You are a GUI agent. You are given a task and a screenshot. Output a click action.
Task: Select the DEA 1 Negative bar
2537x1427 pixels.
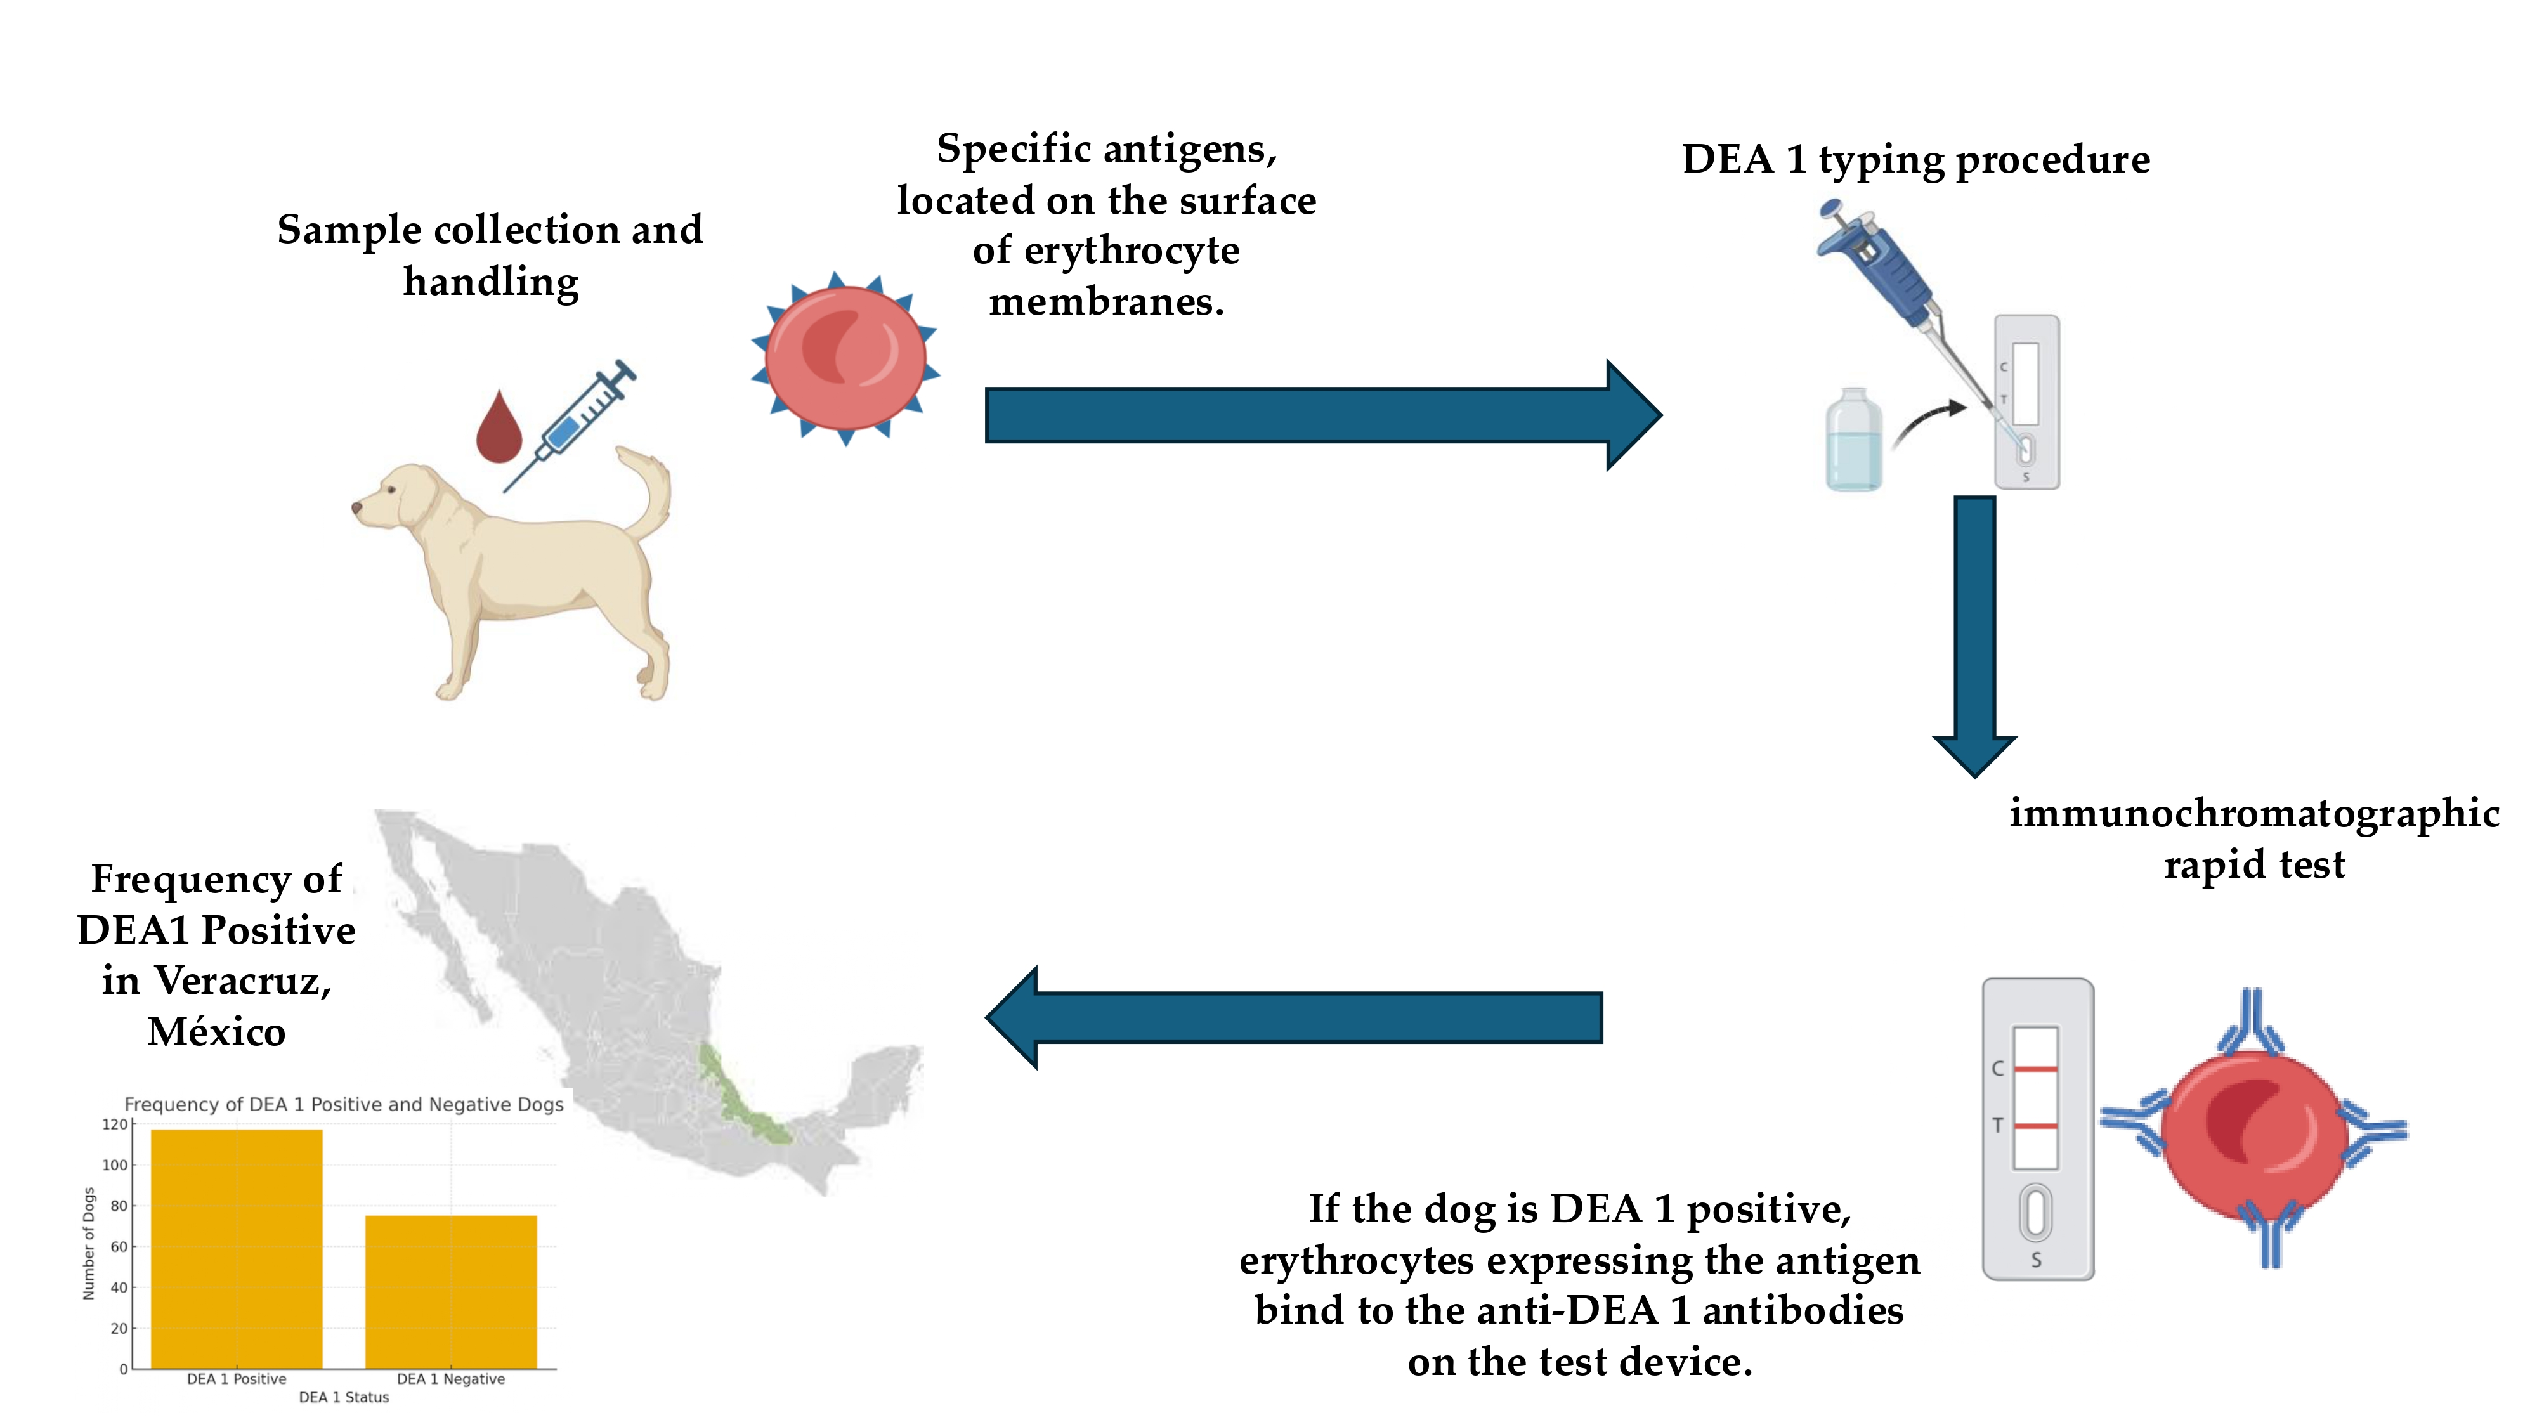[451, 1291]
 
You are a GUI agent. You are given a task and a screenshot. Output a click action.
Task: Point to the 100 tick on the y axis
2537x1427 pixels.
[115, 1165]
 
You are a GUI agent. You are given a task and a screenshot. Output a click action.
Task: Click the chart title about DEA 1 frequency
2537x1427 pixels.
[344, 1105]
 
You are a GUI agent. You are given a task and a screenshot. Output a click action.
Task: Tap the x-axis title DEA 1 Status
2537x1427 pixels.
[344, 1397]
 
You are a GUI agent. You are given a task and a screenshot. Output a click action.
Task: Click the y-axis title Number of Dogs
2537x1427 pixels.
[89, 1243]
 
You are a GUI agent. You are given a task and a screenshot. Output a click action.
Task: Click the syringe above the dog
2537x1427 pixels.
[571, 424]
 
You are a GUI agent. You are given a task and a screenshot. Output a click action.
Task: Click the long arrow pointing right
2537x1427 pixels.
[1320, 415]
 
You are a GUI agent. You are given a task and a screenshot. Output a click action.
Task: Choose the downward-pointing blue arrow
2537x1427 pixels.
[1974, 630]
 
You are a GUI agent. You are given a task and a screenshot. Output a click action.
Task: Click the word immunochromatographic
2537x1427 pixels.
[2253, 814]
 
